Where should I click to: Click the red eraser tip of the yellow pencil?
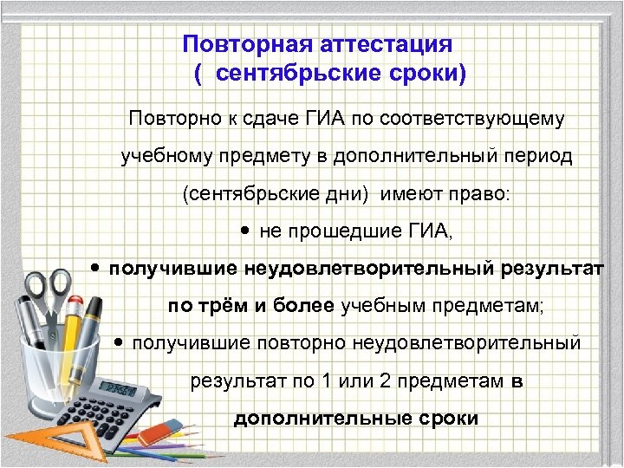click(x=93, y=307)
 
